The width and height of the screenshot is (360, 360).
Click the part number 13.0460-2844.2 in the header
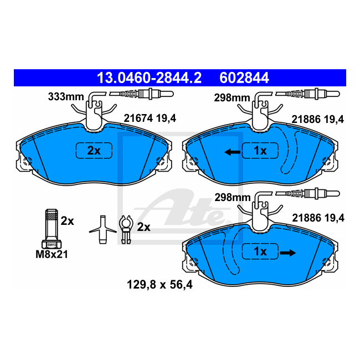pos(149,78)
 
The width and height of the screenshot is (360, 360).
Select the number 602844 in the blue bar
pos(244,78)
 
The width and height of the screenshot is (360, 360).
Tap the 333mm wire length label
pos(66,97)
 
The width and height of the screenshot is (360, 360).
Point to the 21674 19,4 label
pos(150,119)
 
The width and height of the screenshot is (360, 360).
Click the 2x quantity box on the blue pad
pos(94,151)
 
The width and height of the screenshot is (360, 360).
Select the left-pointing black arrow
pos(233,152)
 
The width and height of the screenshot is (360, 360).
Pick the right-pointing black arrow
pos(287,253)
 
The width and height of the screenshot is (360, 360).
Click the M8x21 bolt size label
pos(52,254)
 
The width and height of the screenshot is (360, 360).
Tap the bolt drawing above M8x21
pos(52,229)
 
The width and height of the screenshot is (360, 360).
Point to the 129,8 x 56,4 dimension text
pos(160,285)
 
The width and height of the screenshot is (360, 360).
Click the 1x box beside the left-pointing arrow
pos(260,151)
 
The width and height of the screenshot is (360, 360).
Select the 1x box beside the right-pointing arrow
pos(260,251)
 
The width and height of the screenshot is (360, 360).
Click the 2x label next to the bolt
pos(67,221)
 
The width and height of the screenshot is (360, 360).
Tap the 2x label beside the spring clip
pos(144,227)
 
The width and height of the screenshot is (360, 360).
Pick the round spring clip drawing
pos(126,229)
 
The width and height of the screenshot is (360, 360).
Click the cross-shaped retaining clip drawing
pos(103,229)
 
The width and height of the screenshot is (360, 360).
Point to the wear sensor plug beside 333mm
pos(141,94)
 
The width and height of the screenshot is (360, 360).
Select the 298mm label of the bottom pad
pos(233,198)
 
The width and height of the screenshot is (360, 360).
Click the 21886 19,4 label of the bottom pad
pos(318,218)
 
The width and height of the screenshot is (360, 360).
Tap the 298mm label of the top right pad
pos(232,98)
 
